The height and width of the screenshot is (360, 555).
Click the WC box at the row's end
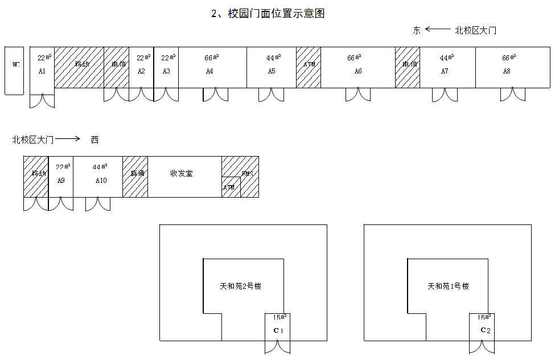14,71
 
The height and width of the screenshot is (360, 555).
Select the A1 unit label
42,71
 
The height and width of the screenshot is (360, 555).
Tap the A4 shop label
209,71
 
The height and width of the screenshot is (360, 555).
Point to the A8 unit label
507,71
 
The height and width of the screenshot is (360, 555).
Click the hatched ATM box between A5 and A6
309,67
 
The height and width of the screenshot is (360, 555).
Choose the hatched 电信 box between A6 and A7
408,67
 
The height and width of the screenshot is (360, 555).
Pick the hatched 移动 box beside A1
79,67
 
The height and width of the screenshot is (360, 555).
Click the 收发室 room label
182,173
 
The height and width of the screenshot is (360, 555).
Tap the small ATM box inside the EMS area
231,187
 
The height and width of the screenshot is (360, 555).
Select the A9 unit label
61,180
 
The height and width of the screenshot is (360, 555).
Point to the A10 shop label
101,180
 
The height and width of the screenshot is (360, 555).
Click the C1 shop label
278,331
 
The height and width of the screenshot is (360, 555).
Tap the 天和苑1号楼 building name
448,286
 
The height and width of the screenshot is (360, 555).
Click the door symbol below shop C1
278,346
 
